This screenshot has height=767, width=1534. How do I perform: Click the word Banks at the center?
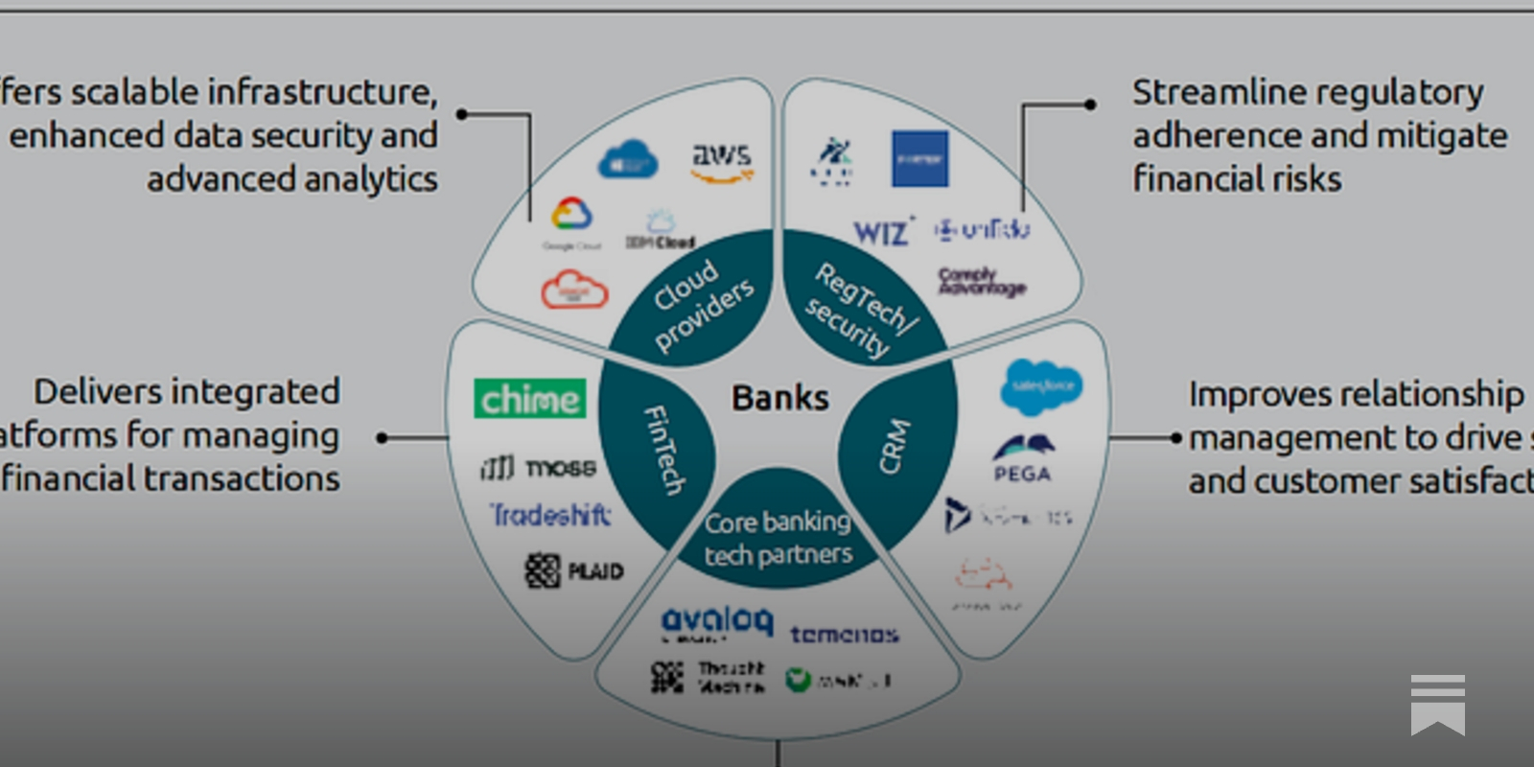(x=779, y=397)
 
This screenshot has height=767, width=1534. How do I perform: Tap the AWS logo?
(x=722, y=161)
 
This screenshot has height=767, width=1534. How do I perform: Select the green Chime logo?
(x=529, y=399)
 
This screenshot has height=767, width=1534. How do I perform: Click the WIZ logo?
(x=881, y=231)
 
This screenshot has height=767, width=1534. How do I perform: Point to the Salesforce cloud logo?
(x=1041, y=385)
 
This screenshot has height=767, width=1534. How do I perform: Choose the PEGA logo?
(x=1022, y=457)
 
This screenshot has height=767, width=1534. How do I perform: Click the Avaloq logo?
(x=716, y=622)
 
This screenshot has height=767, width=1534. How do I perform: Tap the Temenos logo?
(x=844, y=634)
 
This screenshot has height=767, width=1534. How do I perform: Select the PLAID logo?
(x=574, y=570)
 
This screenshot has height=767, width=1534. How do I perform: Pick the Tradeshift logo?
(x=550, y=516)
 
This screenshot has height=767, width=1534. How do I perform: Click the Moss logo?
(x=538, y=467)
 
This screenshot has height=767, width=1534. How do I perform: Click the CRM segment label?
(x=894, y=446)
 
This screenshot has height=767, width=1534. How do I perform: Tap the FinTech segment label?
(x=663, y=449)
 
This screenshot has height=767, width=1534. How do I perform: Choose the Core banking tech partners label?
(x=778, y=538)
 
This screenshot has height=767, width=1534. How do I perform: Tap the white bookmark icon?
(x=1437, y=704)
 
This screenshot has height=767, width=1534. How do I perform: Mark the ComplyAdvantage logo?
(x=981, y=281)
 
